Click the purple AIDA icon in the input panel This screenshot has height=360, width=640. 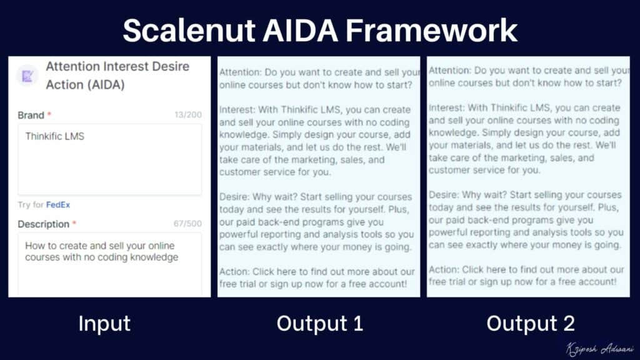(27, 76)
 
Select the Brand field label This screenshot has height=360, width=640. (31, 115)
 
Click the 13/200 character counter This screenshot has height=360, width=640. (187, 115)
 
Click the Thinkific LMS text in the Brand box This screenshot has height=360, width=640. (54, 136)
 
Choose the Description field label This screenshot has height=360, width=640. (43, 224)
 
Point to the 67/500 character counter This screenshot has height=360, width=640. (187, 224)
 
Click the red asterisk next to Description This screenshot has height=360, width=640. (74, 223)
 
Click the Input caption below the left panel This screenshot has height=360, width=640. (104, 323)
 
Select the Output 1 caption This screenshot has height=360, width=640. (319, 323)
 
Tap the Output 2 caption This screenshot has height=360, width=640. (531, 323)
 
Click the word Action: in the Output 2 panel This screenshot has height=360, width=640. (443, 270)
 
